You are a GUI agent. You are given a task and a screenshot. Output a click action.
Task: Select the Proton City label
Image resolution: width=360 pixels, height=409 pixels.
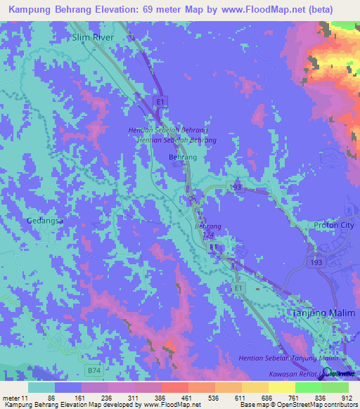(335, 225)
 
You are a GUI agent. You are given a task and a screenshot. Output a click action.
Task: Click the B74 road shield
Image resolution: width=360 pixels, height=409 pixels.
(94, 369)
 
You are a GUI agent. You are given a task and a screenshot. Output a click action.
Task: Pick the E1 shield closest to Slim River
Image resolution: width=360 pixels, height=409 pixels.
(161, 103)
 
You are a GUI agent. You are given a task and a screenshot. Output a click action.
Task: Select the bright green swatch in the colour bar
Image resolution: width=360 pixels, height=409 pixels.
(335, 387)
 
